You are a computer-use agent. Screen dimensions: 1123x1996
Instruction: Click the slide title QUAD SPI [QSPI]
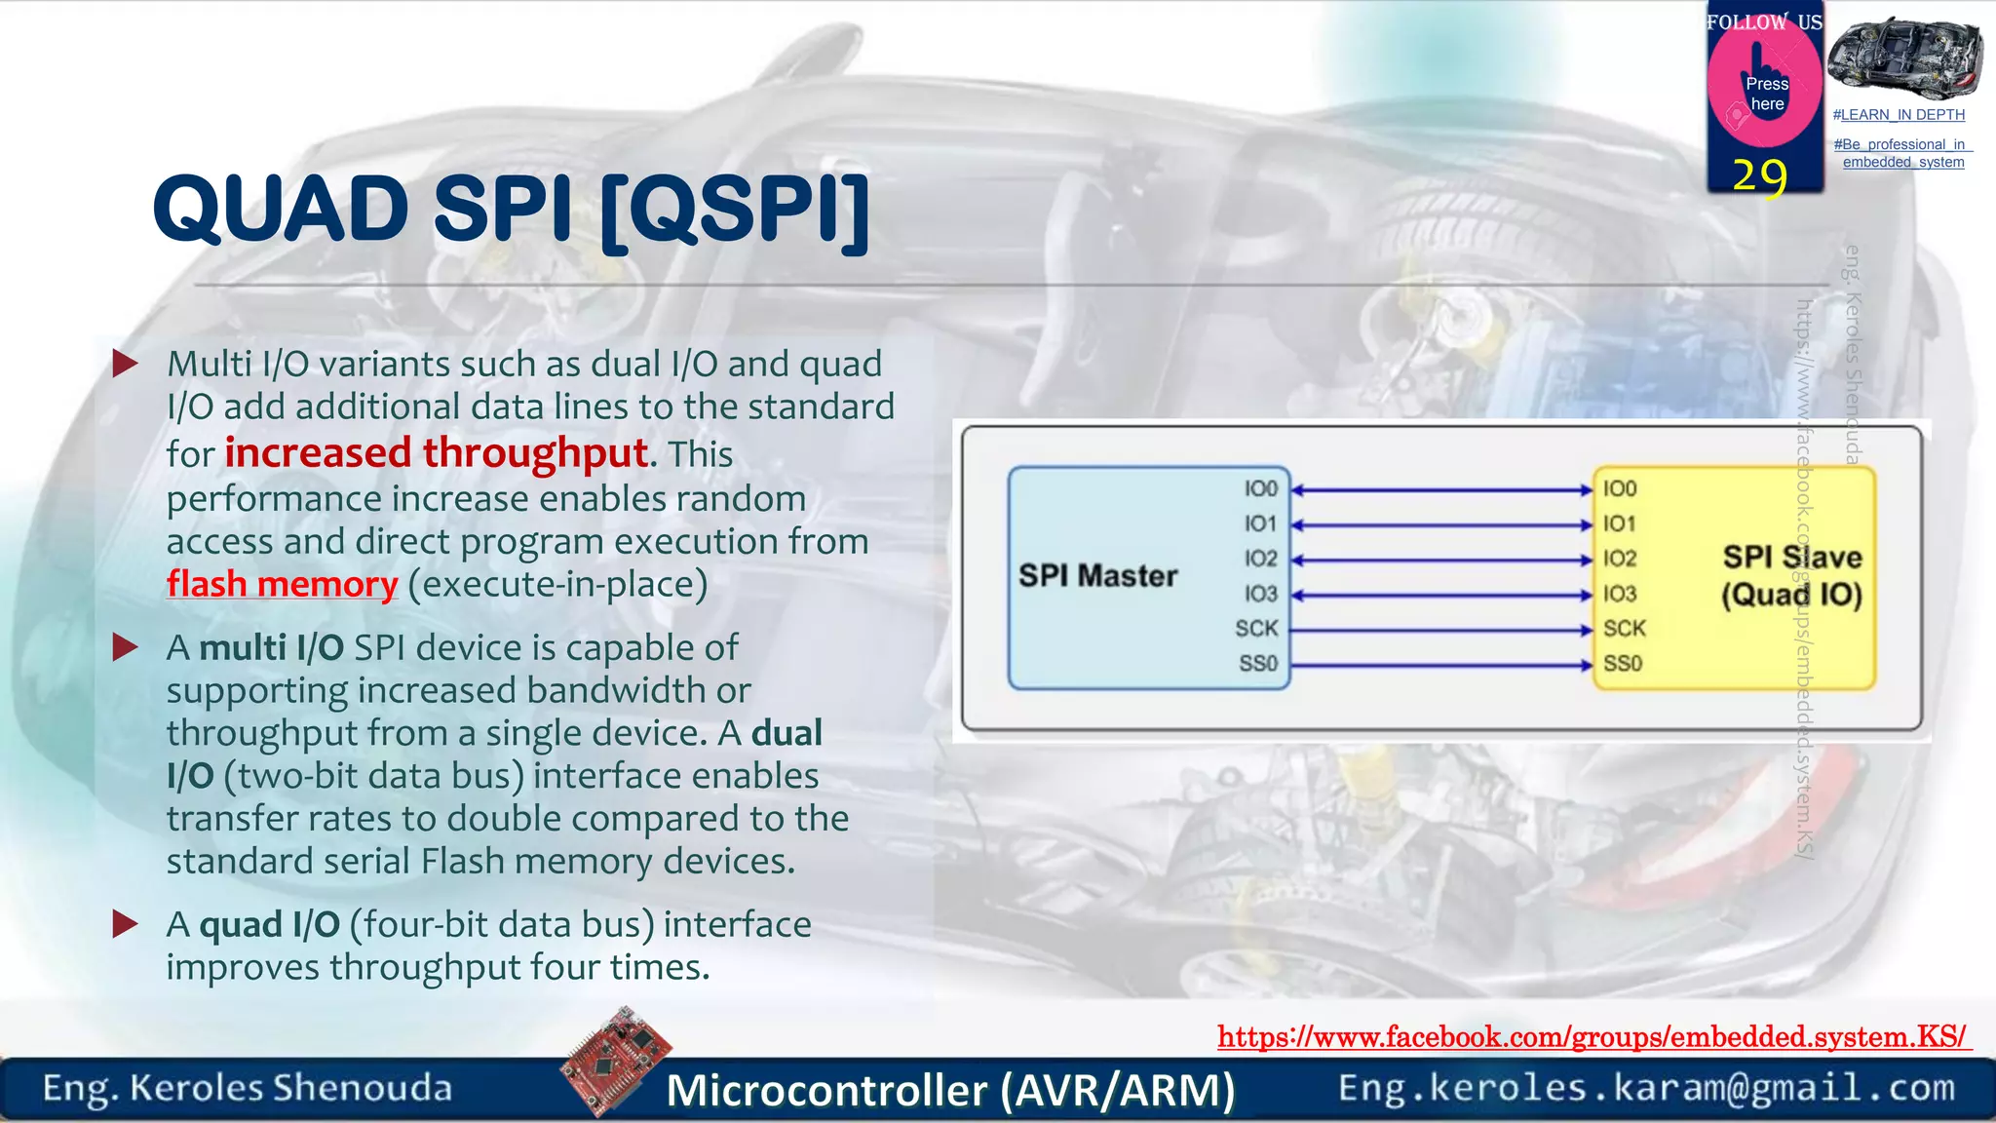tap(511, 210)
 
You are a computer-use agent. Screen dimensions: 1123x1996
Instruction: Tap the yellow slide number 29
tap(1760, 176)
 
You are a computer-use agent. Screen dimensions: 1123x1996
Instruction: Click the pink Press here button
tap(1765, 93)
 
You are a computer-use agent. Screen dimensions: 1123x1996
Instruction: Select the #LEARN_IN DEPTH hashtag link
tap(1899, 115)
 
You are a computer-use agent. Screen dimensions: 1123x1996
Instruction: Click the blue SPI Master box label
tap(1098, 576)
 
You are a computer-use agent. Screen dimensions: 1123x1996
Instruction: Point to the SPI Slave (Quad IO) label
tap(1791, 576)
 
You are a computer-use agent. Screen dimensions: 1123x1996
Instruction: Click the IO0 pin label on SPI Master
tap(1260, 489)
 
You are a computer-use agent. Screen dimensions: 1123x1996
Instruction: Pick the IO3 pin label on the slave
tap(1620, 594)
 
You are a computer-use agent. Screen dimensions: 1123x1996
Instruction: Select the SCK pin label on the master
tap(1256, 629)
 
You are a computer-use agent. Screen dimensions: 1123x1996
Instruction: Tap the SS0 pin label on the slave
tap(1623, 664)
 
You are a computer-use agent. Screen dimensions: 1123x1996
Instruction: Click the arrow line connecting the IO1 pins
tap(1441, 525)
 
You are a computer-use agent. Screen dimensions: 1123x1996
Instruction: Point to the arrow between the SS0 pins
tap(1441, 666)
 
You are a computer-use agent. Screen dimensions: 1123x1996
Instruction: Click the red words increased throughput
tap(436, 453)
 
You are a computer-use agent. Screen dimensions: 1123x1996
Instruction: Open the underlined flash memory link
tap(282, 584)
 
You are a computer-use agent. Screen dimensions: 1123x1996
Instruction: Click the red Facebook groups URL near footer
tap(1593, 1036)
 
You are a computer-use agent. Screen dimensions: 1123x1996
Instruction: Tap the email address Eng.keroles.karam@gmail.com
tap(1646, 1088)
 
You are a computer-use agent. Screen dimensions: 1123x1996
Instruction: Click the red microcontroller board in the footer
tap(616, 1061)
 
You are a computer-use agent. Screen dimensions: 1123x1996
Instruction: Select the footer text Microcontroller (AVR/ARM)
tap(950, 1090)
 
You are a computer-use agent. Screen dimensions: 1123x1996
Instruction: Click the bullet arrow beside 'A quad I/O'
tap(126, 924)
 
